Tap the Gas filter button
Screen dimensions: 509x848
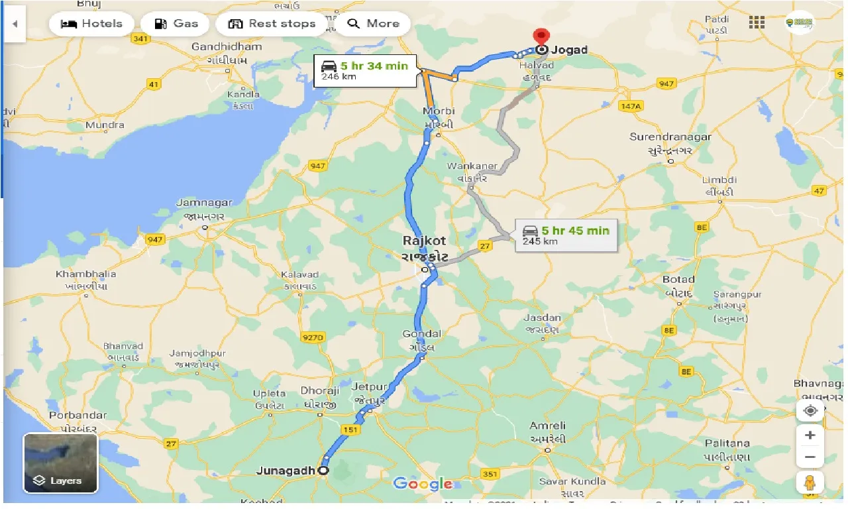pos(176,24)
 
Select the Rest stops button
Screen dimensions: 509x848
pos(272,24)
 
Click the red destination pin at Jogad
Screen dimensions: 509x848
pos(542,37)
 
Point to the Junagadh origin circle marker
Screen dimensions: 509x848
pos(323,471)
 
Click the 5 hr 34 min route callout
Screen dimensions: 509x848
pos(365,71)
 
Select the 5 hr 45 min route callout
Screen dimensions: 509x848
pos(566,235)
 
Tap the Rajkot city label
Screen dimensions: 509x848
pos(425,241)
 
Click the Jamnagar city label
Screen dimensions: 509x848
pos(204,203)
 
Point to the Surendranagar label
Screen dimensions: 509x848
pos(670,137)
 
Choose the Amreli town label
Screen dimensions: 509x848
pos(548,425)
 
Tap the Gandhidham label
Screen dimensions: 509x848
pos(227,47)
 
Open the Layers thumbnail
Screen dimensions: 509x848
pos(60,463)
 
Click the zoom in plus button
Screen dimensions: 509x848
pos(810,435)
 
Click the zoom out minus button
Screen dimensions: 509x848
pos(810,457)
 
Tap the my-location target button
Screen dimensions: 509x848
pos(810,411)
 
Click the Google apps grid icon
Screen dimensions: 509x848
pos(757,23)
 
